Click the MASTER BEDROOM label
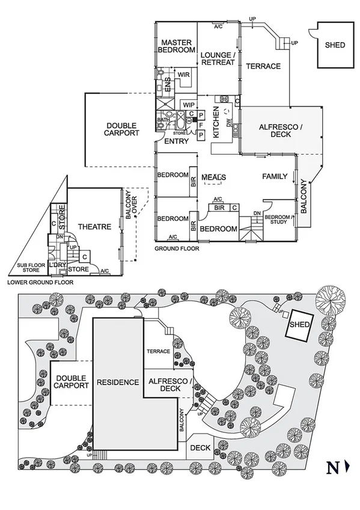[176, 46]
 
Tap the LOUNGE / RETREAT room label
[218, 58]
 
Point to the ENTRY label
[176, 141]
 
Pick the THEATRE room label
[94, 227]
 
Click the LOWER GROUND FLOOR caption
[40, 281]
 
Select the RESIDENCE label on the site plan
[118, 382]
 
